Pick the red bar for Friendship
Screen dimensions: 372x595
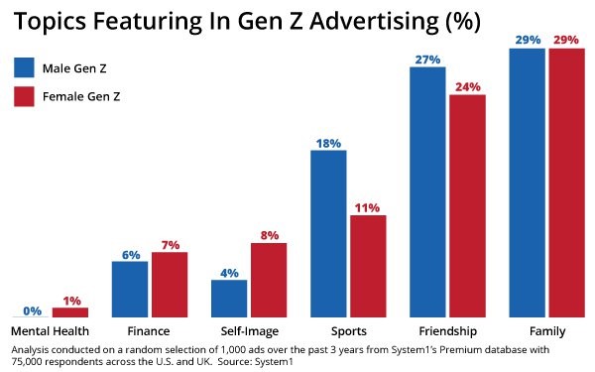tap(467, 204)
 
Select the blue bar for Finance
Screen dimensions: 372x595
tap(130, 288)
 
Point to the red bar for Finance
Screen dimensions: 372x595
tap(170, 284)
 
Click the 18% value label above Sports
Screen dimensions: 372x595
tap(328, 142)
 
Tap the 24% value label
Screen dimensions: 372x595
tap(467, 86)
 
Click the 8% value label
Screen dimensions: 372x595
tap(269, 235)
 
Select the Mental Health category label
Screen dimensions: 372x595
tap(50, 330)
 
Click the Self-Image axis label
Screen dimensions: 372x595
tap(248, 330)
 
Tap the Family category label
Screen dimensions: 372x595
tap(546, 330)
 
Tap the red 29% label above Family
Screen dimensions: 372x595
tap(566, 39)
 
